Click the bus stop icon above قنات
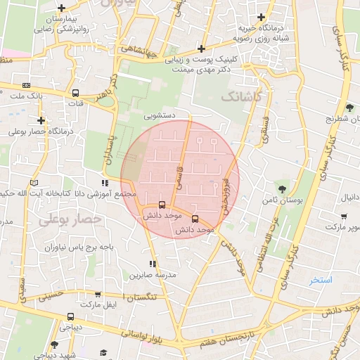tap(75, 93)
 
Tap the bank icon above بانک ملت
tap(26, 84)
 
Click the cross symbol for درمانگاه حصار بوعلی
tap(41, 120)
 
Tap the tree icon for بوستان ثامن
tap(282, 189)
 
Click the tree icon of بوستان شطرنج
tap(349, 108)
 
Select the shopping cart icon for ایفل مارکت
tap(98, 295)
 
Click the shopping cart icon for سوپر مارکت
tap(344, 216)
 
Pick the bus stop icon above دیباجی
tap(70, 316)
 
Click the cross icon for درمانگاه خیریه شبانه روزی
tap(262, 17)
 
